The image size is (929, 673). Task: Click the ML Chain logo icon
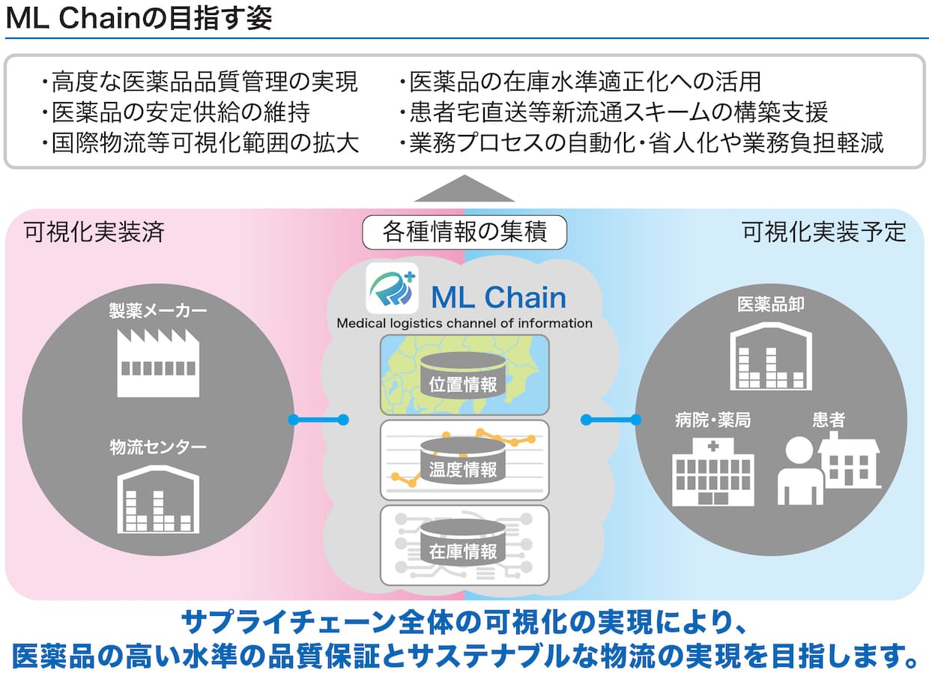pos(392,288)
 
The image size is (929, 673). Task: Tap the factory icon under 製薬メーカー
pos(158,363)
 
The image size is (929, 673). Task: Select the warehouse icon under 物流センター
pos(158,499)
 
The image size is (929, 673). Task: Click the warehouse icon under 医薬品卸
pos(771,356)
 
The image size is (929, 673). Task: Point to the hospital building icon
pos(713,472)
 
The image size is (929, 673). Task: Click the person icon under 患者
pos(800,471)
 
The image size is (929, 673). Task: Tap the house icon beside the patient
pos(850,459)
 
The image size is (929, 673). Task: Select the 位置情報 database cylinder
pos(463,375)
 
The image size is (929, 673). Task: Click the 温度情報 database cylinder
pos(463,461)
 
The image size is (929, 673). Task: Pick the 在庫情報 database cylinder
pos(463,543)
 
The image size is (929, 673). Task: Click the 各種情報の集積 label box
pos(464,232)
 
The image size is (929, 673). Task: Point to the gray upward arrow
pos(464,188)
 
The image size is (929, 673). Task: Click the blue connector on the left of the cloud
pos(318,420)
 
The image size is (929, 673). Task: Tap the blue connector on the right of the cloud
pos(611,420)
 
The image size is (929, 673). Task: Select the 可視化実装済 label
pos(94,232)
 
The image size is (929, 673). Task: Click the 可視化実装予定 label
pos(823,232)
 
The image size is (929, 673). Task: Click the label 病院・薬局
pos(712,420)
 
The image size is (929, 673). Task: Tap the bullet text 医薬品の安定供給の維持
pos(176,112)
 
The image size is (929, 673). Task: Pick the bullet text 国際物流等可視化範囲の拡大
pos(200,143)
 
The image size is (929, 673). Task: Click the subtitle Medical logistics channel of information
pos(464,323)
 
